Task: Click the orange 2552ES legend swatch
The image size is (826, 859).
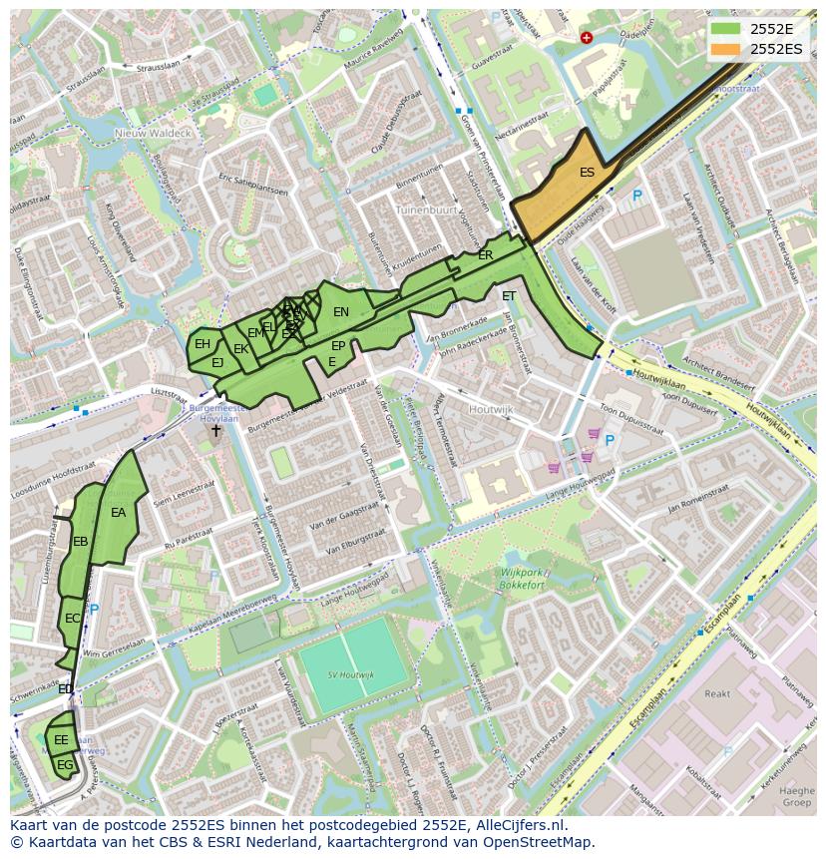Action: coord(726,49)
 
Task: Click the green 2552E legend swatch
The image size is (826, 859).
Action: coord(726,29)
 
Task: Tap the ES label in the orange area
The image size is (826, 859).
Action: coord(588,173)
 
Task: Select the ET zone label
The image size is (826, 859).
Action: coord(509,296)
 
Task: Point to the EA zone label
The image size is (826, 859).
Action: coord(119,513)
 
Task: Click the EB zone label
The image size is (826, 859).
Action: coord(81,542)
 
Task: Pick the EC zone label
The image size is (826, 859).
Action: coord(73,619)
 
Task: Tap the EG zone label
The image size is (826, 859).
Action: coord(65,765)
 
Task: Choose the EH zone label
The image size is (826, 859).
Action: coord(203,344)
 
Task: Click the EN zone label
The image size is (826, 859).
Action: coord(341,312)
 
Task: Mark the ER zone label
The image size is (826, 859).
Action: coord(486,255)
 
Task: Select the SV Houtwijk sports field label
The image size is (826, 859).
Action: coord(351,675)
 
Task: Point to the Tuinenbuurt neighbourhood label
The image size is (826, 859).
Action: coord(425,212)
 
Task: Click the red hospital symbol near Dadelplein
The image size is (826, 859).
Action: coord(586,38)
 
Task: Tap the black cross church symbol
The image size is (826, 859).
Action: coord(216,431)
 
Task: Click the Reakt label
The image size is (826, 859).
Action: coord(717,693)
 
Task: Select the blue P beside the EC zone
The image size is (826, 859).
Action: coord(95,610)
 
